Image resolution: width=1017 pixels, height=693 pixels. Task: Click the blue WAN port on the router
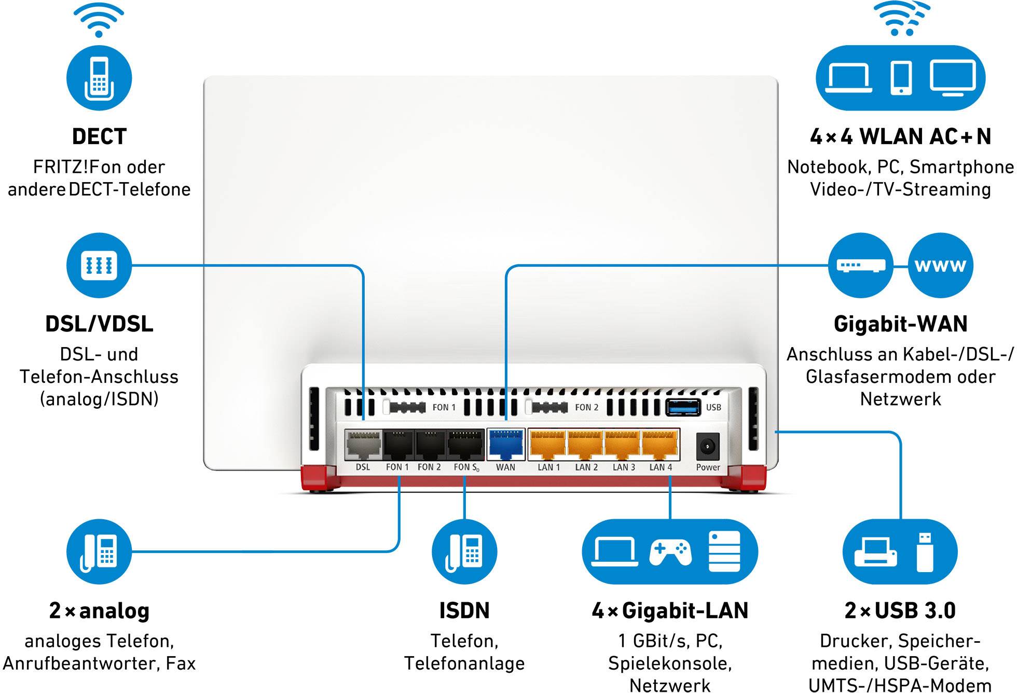(506, 445)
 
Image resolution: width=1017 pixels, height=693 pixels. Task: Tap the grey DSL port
(363, 445)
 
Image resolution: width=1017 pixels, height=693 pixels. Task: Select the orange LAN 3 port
(623, 445)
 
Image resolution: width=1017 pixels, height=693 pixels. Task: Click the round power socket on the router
(708, 446)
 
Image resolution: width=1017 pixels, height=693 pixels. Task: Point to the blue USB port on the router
(683, 407)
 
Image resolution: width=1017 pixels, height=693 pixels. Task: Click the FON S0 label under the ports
(466, 467)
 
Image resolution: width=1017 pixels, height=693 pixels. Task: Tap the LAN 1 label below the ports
(548, 467)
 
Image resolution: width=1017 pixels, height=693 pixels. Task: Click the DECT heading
(99, 136)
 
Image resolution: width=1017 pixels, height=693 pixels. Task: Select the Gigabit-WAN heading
(900, 324)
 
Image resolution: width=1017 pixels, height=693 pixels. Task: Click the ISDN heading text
(464, 611)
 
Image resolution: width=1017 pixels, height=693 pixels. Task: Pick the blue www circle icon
(940, 266)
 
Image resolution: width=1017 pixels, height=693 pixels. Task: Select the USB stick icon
(925, 552)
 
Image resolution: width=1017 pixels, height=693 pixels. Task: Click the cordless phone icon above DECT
(99, 78)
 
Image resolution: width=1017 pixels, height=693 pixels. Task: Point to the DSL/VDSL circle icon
(99, 266)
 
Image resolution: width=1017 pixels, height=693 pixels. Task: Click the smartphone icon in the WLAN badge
(901, 78)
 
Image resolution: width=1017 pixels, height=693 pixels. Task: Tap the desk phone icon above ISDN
(464, 552)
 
